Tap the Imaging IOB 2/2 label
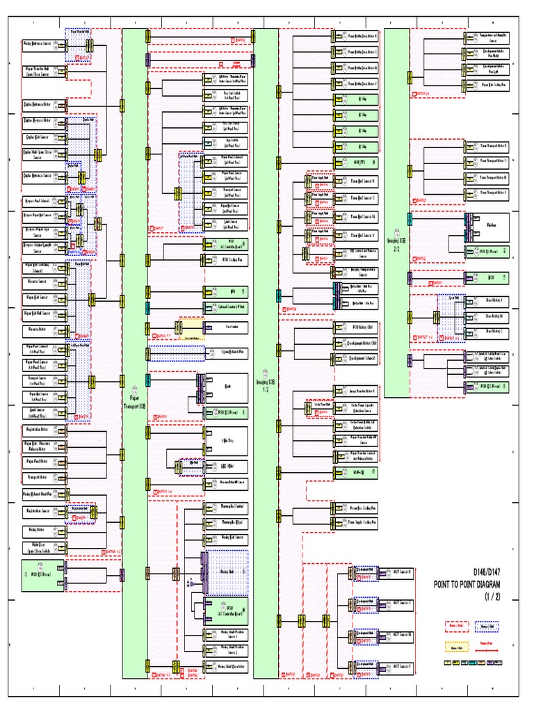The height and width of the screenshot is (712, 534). click(396, 244)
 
